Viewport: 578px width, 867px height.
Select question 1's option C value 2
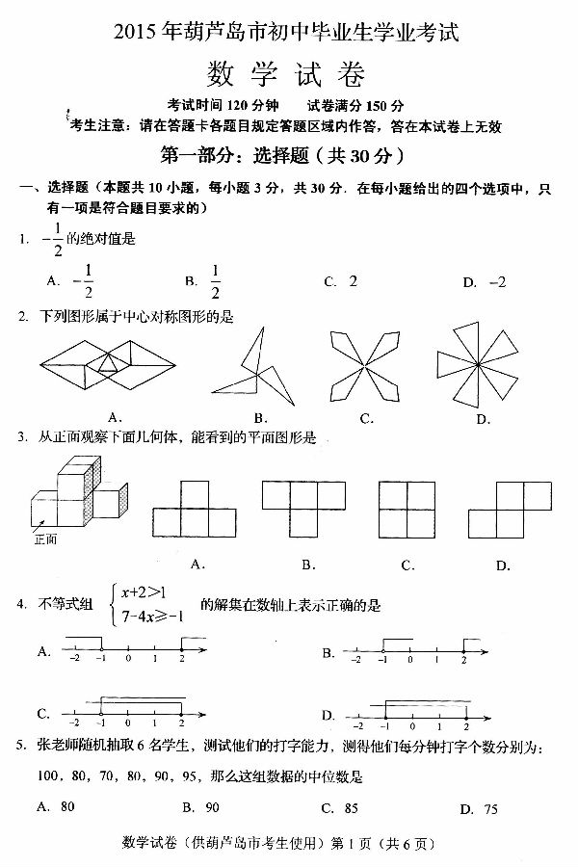coord(353,281)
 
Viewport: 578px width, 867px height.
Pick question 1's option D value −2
coord(497,282)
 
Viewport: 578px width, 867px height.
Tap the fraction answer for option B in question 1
coord(215,281)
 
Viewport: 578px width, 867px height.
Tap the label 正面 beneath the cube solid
coord(44,539)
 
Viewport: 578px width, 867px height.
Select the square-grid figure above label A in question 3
coord(199,509)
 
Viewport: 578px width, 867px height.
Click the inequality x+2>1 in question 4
coord(142,591)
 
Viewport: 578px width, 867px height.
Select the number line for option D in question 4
coord(414,713)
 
